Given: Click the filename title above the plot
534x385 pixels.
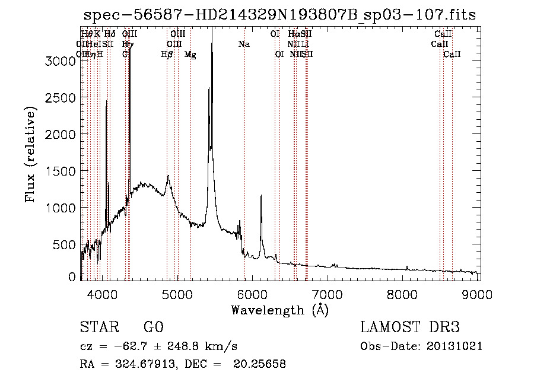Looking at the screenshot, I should coord(279,15).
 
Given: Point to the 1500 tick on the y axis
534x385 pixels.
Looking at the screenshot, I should coord(61,171).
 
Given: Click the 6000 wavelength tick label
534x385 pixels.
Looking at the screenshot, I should coord(253,292).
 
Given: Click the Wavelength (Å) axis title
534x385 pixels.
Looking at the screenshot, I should coord(279,310).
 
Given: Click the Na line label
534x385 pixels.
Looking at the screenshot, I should coord(244,44).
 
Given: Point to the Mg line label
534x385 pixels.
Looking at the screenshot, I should coord(190,55).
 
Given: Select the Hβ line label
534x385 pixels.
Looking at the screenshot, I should coord(167,55).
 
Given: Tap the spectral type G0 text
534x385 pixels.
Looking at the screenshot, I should coord(153,327).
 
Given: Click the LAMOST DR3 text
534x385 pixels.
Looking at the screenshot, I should coord(409,327).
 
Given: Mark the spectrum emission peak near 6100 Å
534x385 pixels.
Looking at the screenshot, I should coord(261,196).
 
